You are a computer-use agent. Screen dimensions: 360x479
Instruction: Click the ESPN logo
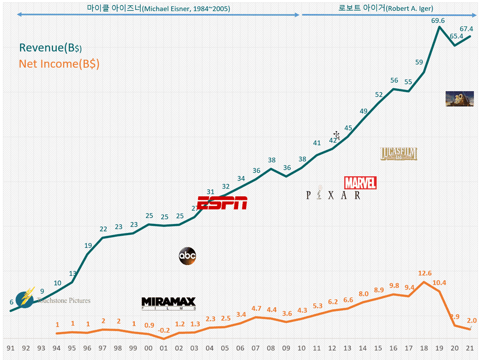pos(222,203)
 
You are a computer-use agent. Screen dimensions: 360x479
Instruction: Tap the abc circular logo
pos(187,256)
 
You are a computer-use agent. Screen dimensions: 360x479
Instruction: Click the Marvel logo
pos(360,183)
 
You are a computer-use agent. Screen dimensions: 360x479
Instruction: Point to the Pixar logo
pos(333,195)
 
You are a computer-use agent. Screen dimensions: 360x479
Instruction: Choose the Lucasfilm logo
pos(399,154)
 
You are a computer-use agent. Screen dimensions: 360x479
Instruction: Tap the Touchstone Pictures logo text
pos(63,300)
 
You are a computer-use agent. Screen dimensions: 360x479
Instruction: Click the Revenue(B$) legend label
pos(51,48)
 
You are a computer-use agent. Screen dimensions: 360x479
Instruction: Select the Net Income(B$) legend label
pos(59,64)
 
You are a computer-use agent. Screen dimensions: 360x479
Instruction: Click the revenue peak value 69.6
pos(438,21)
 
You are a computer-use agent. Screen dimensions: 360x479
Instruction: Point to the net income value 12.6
pos(423,273)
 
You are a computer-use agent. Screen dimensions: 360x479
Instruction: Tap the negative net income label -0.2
pos(164,330)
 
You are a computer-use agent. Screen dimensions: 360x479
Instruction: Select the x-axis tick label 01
pos(164,348)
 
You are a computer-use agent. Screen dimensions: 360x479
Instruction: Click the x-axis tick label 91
pos(11,348)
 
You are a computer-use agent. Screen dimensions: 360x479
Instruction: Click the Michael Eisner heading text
pos(158,8)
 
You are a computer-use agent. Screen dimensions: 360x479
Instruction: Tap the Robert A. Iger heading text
pos(386,8)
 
